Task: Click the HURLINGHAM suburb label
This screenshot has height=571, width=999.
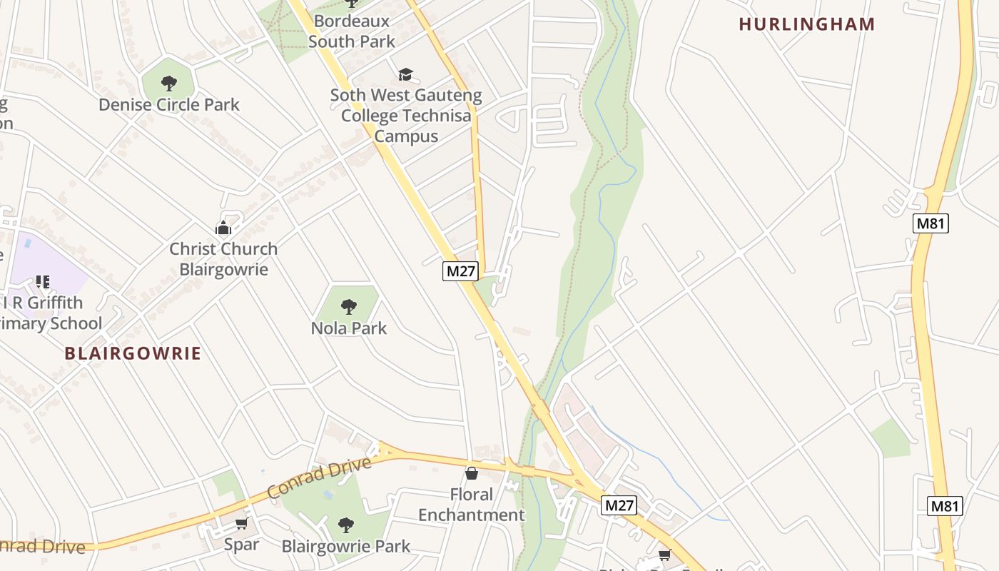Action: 806,24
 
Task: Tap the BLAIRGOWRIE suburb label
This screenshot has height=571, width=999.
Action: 133,353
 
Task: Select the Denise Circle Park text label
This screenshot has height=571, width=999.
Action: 169,105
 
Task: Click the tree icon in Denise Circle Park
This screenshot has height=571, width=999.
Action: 168,84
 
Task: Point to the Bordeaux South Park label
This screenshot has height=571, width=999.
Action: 351,31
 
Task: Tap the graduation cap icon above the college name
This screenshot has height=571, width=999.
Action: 405,74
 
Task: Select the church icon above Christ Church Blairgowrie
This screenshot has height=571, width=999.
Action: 223,228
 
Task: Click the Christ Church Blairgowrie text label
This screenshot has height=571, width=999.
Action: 223,259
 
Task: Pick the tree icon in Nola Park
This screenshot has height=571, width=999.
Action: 348,307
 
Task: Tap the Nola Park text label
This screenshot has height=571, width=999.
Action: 348,328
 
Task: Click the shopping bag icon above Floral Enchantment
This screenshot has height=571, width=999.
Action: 471,473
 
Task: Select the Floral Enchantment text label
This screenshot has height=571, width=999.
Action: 471,505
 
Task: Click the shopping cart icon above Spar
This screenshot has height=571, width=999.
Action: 241,524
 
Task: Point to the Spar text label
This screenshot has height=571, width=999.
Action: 241,545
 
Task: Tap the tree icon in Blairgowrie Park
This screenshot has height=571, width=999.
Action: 346,525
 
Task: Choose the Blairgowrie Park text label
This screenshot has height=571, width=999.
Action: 346,547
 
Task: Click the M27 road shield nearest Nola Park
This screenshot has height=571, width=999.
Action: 460,271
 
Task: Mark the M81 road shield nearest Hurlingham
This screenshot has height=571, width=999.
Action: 930,223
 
